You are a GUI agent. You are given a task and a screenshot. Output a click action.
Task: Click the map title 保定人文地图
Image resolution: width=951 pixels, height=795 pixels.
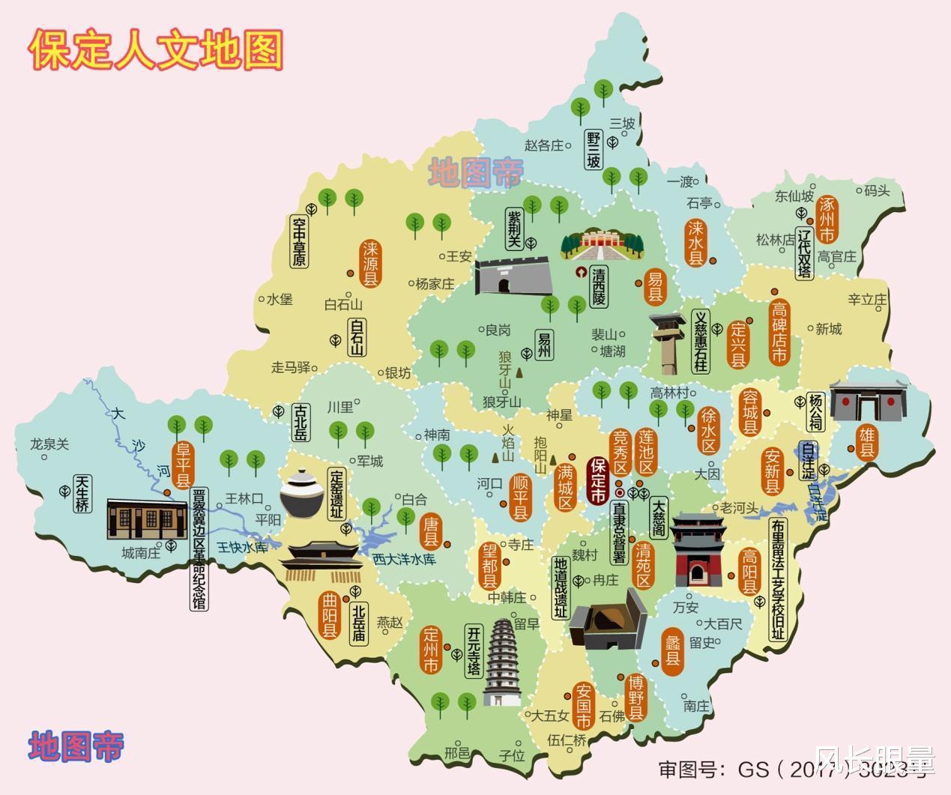coord(156,50)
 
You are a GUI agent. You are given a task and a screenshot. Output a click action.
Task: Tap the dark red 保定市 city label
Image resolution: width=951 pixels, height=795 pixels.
coord(598,481)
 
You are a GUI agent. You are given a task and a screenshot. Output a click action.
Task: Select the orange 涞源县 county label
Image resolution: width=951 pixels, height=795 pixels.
coord(370,264)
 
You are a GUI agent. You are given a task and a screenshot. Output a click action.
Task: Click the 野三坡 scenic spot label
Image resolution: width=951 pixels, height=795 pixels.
coord(594,149)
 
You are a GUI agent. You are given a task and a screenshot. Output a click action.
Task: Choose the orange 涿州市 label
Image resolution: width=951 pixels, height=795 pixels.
coord(827,219)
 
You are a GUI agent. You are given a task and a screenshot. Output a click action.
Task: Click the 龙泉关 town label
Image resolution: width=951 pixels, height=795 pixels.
coord(49,444)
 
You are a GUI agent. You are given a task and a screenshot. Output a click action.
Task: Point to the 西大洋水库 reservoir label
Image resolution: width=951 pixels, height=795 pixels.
coord(404,558)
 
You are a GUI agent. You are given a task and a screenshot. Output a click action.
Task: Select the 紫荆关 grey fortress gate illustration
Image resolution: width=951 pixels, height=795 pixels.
coord(513,276)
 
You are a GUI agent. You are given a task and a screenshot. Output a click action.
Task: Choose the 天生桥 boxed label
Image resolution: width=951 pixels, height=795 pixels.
coord(82,493)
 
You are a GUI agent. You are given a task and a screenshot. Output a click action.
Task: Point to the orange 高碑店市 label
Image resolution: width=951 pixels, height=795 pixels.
coord(779,331)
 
